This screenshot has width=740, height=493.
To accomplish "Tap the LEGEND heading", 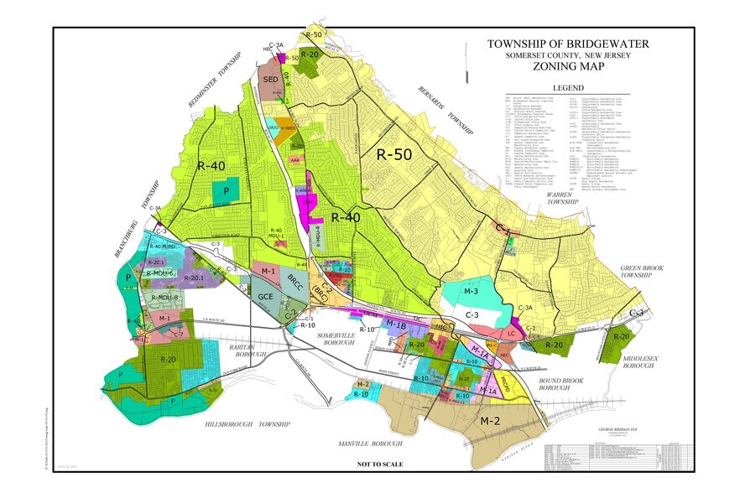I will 567,88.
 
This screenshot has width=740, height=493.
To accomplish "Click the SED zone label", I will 270,79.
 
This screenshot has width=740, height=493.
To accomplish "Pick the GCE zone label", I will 266,297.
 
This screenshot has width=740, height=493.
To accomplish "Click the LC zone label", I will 511,332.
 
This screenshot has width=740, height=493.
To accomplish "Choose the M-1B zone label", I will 395,323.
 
